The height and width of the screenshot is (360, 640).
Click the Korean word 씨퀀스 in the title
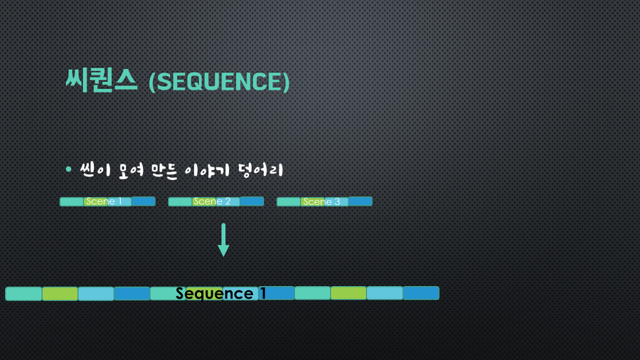[x=101, y=80]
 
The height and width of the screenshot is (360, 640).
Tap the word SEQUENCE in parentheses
[x=219, y=82]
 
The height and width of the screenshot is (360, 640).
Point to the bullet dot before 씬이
[x=68, y=169]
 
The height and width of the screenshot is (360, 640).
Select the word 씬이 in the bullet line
[x=95, y=170]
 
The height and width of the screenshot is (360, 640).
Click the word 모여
[x=131, y=170]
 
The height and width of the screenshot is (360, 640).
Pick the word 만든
[x=164, y=170]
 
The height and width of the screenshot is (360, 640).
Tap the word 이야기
[x=207, y=170]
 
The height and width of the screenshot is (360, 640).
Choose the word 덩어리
[x=260, y=170]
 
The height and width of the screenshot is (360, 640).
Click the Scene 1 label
[x=104, y=201]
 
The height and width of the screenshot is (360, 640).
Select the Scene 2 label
[x=212, y=201]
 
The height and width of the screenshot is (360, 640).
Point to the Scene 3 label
[x=321, y=201]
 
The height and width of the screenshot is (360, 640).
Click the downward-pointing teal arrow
[x=223, y=240]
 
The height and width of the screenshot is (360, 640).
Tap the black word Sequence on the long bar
[x=215, y=293]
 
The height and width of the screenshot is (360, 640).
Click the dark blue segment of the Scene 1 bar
[x=143, y=201]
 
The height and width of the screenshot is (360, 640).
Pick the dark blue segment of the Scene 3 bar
[x=361, y=201]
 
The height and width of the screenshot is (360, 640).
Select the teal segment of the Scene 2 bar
[x=180, y=201]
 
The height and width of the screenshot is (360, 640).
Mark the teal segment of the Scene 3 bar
[x=289, y=201]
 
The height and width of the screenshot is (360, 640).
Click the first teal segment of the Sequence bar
[x=23, y=294]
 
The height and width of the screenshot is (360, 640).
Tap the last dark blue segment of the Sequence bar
[x=421, y=293]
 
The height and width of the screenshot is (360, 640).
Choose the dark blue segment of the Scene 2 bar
[x=252, y=201]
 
